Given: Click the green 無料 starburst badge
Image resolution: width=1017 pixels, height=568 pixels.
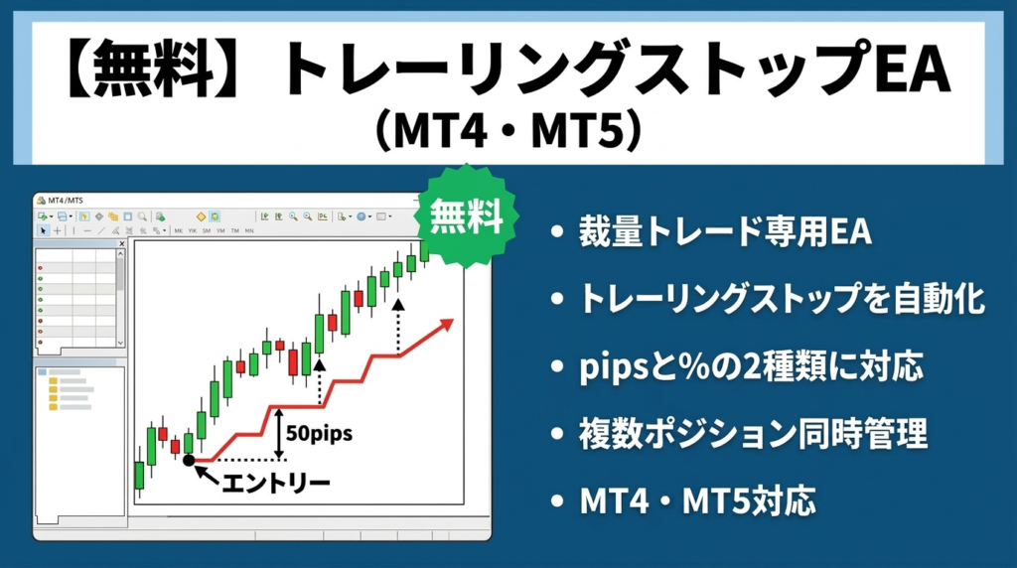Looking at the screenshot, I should (466, 215).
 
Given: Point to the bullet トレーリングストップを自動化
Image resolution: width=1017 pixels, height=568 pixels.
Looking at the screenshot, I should (782, 299).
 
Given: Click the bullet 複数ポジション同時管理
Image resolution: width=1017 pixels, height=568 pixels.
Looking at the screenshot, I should (753, 434).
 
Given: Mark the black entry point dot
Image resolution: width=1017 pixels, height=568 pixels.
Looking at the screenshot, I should (189, 460).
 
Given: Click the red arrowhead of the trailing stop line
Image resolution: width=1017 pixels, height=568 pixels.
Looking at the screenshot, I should (446, 325).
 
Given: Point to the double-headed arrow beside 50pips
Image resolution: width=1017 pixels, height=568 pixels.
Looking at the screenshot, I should (280, 434).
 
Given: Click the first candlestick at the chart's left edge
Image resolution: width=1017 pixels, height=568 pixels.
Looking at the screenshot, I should (139, 476).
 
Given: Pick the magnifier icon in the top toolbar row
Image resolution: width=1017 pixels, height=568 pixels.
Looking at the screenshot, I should (143, 215).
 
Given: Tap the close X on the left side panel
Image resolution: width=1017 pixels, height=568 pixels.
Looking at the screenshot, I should (121, 242).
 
